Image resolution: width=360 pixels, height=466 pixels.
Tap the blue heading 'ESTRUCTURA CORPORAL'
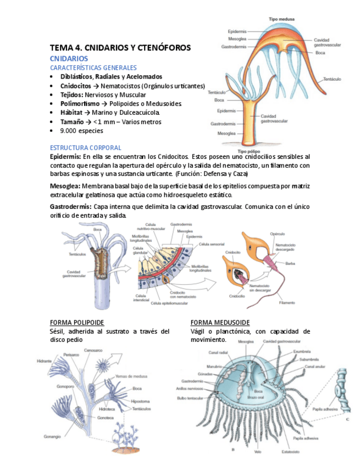coord(86,148)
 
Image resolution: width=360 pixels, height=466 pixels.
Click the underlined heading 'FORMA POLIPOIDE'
coord(77,322)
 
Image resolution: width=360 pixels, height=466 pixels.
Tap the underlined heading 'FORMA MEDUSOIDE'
coord(220,322)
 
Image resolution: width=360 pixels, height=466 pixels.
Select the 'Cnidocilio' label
coord(237,296)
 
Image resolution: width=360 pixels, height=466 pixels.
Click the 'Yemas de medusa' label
coord(130,376)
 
